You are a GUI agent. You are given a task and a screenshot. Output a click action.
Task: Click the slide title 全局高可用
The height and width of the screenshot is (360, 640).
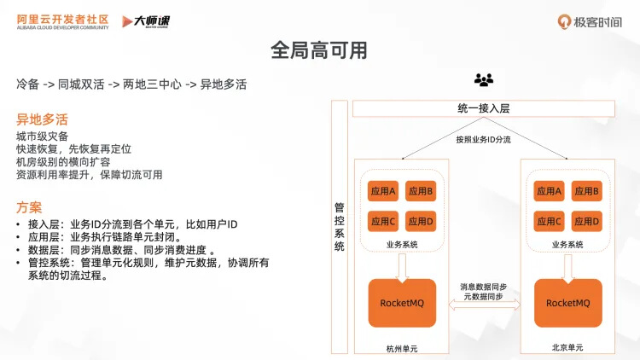click(x=319, y=50)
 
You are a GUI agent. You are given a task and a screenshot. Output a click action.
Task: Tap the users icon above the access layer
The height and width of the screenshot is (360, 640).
click(x=484, y=80)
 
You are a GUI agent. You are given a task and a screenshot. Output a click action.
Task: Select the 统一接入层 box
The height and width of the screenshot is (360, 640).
click(x=483, y=109)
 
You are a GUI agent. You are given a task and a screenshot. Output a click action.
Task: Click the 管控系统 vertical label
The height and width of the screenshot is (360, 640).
click(x=340, y=226)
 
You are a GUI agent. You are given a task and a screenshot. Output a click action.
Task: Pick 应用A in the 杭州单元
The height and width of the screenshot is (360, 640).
click(x=381, y=191)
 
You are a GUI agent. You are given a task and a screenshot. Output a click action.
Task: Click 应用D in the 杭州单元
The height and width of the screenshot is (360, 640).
click(x=420, y=222)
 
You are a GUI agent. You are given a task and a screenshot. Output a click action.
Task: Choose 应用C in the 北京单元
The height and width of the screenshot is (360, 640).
click(x=549, y=222)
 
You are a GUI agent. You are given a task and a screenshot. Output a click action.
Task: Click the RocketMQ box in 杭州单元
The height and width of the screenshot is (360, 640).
click(x=402, y=303)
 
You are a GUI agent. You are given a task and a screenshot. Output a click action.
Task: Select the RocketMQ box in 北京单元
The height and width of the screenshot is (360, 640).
click(x=567, y=303)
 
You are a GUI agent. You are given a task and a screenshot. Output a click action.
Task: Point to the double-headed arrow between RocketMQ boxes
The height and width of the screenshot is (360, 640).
click(x=484, y=312)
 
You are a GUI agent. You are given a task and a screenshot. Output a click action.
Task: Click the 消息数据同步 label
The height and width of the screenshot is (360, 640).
click(x=484, y=287)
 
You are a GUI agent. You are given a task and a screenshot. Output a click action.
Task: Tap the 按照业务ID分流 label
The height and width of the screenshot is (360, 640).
click(x=483, y=139)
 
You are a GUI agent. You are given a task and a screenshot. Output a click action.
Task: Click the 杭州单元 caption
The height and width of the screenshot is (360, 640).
click(x=402, y=348)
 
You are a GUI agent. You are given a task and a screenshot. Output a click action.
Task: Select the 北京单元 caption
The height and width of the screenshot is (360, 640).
click(x=567, y=348)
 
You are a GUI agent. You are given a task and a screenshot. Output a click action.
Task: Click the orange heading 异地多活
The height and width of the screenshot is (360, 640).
click(x=42, y=119)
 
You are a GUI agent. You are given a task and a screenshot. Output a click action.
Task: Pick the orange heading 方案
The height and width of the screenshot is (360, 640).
click(x=29, y=207)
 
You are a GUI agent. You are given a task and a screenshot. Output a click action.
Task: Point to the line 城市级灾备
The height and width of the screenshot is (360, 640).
click(x=42, y=136)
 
